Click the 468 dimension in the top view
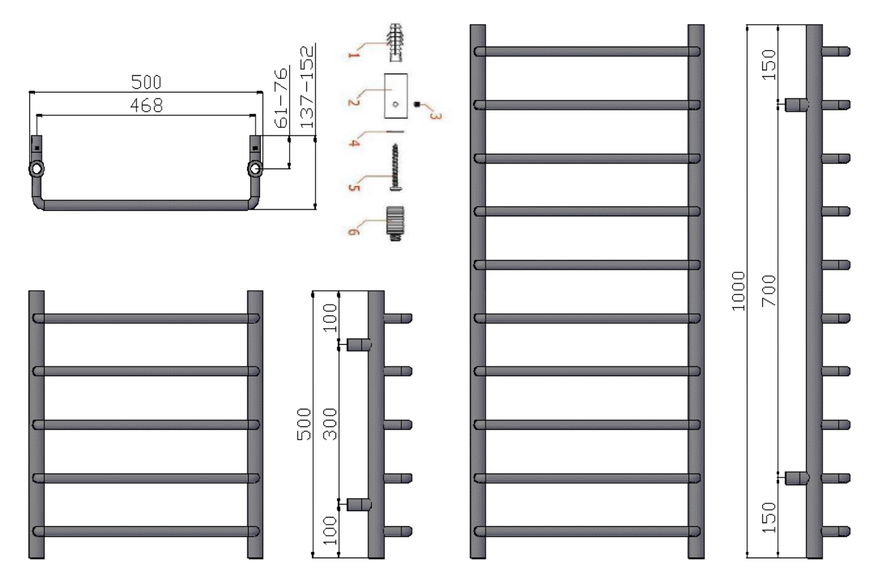tap(146, 106)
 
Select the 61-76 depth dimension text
tap(281, 98)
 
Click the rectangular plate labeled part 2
tap(396, 96)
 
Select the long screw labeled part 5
tap(395, 167)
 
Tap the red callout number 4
tap(355, 142)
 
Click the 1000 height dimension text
tap(738, 291)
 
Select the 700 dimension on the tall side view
tap(769, 290)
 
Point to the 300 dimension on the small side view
tap(329, 423)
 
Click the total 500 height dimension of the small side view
tap(304, 423)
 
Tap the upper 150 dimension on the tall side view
tap(769, 64)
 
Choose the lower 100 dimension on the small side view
tap(329, 530)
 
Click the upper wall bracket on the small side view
tap(359, 345)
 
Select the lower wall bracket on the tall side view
tap(797, 478)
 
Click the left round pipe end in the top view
tap(37, 169)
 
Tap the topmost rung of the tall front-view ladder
tap(587, 52)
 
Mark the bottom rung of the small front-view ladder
tap(145, 531)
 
